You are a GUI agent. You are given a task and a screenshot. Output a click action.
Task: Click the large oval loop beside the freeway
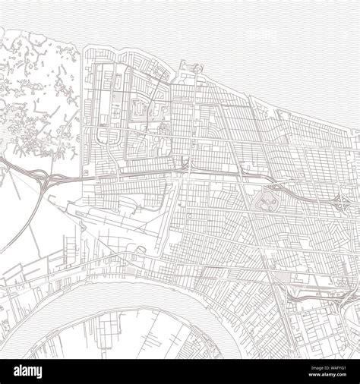pos(270,200)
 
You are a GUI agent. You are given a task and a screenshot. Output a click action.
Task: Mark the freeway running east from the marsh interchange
pos(122,177)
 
